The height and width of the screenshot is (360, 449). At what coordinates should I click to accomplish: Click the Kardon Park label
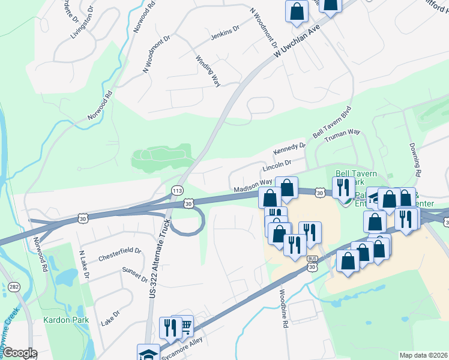[66, 320]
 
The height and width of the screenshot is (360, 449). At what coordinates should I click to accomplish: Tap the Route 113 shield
[177, 191]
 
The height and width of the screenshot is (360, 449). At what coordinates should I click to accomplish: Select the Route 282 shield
[14, 288]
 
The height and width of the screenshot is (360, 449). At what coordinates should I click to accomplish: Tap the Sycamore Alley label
[186, 347]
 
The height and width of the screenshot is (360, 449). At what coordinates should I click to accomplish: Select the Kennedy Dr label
[289, 146]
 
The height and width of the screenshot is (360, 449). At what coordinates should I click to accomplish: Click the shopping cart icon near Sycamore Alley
[185, 326]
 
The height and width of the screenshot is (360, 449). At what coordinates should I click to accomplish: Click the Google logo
[20, 353]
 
